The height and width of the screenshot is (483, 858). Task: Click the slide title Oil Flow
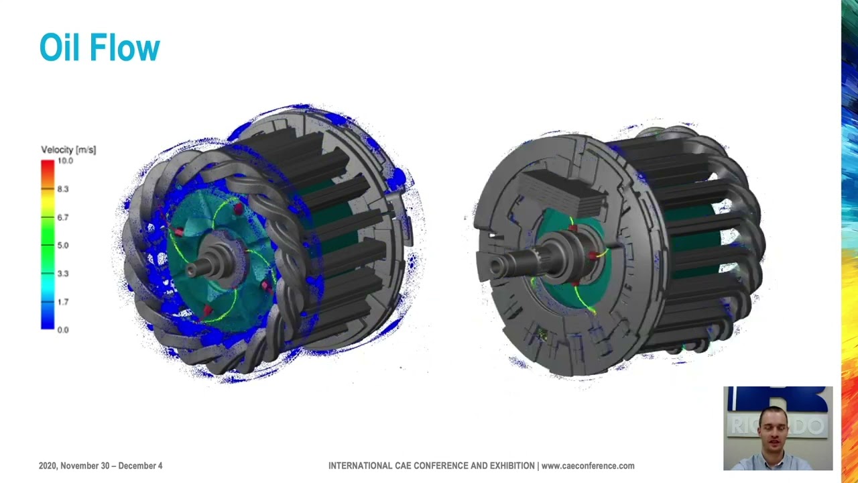(99, 48)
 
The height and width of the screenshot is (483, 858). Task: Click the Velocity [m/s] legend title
(68, 150)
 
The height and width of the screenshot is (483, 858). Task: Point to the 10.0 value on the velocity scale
(65, 161)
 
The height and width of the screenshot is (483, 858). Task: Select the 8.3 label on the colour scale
(62, 189)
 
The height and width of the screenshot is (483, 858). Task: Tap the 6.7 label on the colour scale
(62, 217)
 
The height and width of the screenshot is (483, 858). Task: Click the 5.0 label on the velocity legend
(62, 246)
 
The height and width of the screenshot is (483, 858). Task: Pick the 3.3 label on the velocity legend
(62, 274)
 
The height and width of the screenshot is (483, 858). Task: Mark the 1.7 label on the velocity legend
(62, 302)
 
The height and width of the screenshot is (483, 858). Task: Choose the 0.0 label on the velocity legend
(62, 330)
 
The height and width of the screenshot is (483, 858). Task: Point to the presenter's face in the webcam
(775, 433)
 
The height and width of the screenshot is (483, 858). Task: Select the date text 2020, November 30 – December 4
(101, 466)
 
